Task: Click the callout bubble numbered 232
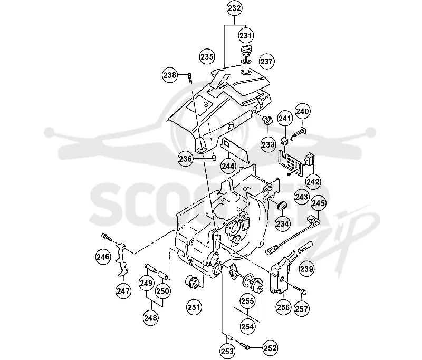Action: (234, 8)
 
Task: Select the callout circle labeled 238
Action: (170, 75)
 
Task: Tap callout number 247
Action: (123, 291)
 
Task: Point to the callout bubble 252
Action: (270, 348)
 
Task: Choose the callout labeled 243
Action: (301, 197)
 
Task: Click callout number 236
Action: (186, 159)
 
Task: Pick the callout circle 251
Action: (194, 307)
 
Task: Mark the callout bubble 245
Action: (319, 203)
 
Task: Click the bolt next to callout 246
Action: (107, 237)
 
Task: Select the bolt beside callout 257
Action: (300, 289)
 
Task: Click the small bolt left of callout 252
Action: (244, 346)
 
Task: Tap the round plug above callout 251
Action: (193, 283)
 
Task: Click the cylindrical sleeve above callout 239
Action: (305, 247)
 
